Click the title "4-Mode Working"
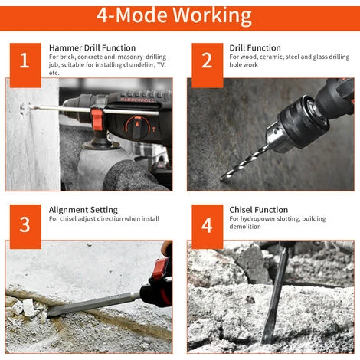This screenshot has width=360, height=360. tap(174, 16)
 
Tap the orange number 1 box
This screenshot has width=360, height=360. tap(25, 65)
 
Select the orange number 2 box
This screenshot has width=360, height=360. tap(208, 65)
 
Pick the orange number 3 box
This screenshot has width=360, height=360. tap(25, 227)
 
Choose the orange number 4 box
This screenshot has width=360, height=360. tap(208, 227)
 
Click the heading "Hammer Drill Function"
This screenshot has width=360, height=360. tap(92, 48)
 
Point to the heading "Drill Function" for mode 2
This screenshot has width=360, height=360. tap(255, 48)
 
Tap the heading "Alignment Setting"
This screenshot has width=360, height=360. tap(83, 210)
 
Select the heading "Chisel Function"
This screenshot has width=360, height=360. tap(258, 210)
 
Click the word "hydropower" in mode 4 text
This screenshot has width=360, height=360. tap(257, 219)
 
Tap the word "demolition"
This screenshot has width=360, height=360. tap(245, 227)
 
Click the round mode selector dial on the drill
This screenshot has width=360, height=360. tap(137, 127)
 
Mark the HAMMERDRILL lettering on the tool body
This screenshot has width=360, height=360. tap(137, 100)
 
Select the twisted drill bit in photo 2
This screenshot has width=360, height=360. tap(244, 163)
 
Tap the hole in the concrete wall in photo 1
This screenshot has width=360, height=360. tap(23, 109)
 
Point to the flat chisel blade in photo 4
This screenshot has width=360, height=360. tap(274, 297)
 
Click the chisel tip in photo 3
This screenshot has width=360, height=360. tap(48, 313)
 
